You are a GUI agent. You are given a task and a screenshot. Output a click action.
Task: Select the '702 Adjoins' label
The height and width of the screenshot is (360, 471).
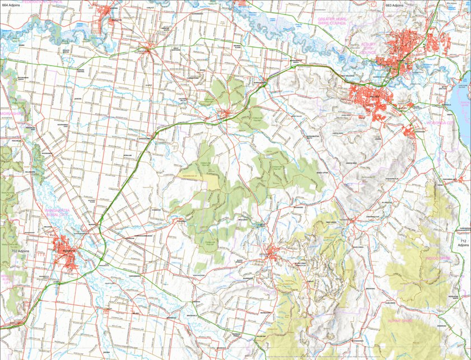[19, 251]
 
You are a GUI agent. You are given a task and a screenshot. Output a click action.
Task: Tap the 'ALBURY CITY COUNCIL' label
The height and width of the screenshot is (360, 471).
[369, 50]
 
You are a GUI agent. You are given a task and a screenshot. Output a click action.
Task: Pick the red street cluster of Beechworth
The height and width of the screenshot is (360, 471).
[273, 251]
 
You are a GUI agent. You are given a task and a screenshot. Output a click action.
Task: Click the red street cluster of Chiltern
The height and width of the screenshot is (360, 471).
[226, 114]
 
